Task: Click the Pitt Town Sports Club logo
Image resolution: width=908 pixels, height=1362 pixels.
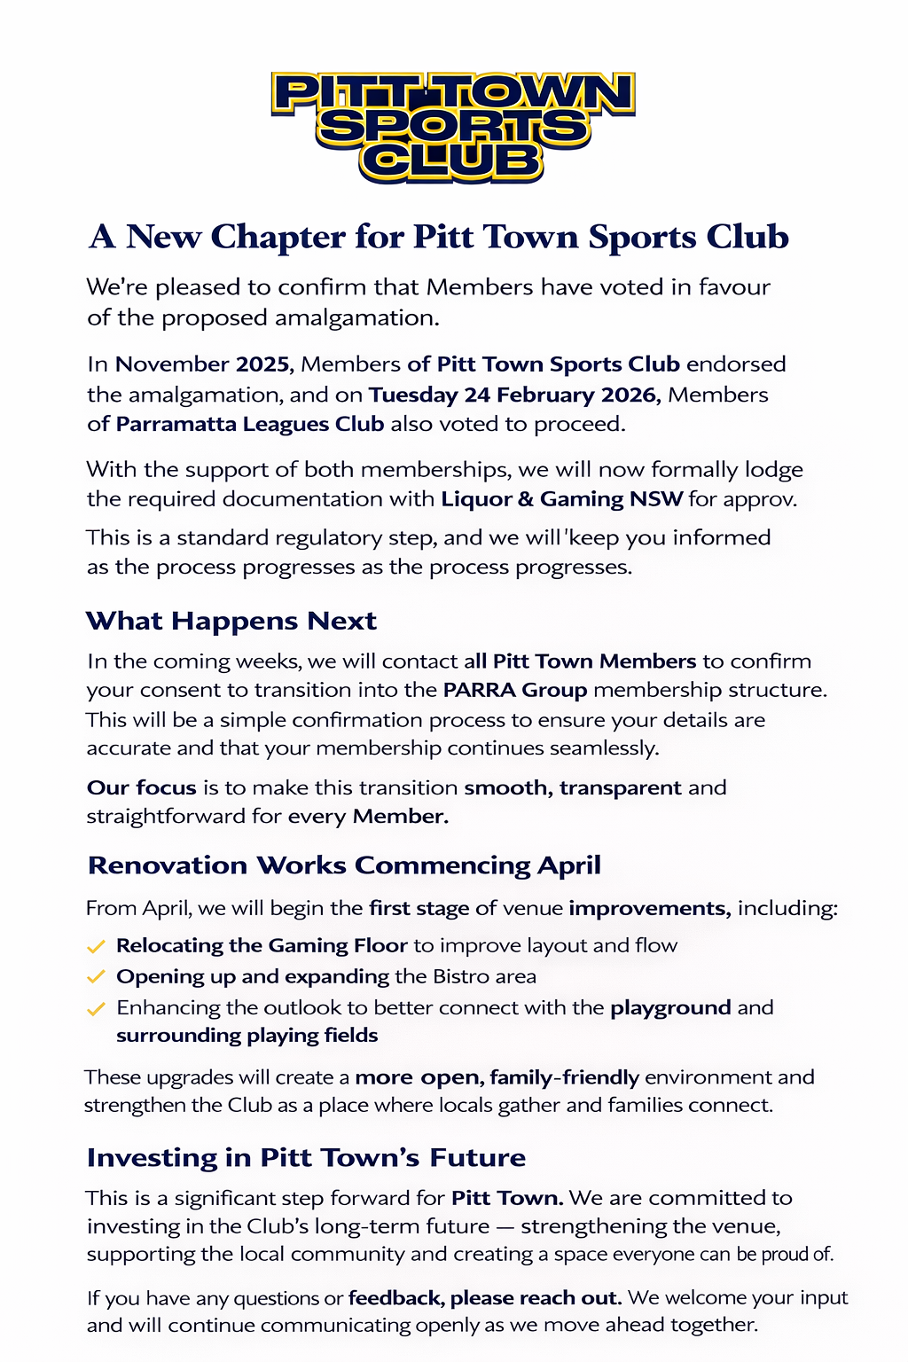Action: (x=453, y=127)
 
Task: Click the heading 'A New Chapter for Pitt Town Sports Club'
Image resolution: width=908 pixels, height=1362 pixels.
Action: (x=439, y=237)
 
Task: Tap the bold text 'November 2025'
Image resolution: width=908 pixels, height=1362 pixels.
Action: (x=202, y=364)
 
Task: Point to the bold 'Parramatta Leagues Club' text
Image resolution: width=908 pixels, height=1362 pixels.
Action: (x=250, y=424)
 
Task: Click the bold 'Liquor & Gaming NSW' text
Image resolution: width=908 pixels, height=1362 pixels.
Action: (x=562, y=499)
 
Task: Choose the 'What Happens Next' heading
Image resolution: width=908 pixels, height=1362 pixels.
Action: (x=231, y=621)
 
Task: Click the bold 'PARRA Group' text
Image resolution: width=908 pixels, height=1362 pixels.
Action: (x=515, y=690)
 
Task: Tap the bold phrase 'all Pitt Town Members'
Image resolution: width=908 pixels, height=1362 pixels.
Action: (x=580, y=661)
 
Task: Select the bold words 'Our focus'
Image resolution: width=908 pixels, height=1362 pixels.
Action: (x=142, y=787)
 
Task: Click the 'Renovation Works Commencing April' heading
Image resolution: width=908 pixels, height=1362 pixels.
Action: (x=344, y=865)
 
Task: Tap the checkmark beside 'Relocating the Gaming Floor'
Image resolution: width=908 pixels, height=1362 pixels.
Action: (x=96, y=947)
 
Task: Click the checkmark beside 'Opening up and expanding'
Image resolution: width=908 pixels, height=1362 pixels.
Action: (x=96, y=977)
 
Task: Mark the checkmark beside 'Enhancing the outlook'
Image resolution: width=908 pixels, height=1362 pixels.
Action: (x=96, y=1009)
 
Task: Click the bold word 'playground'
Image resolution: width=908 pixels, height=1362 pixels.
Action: (x=670, y=1008)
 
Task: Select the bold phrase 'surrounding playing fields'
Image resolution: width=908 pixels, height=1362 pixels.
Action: (x=247, y=1036)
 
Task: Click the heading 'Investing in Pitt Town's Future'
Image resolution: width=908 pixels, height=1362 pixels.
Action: (x=306, y=1158)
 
